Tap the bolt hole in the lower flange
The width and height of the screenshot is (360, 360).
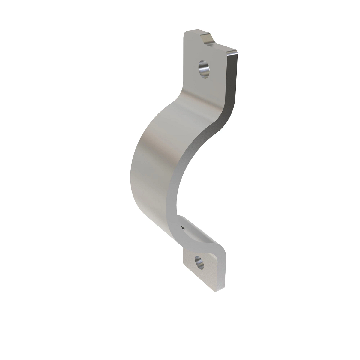[199, 262]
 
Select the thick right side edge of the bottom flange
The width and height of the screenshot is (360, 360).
[220, 270]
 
